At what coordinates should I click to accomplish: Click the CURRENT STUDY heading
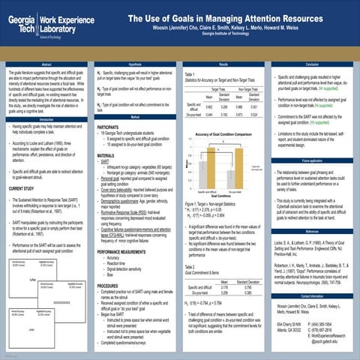pos(25,189)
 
